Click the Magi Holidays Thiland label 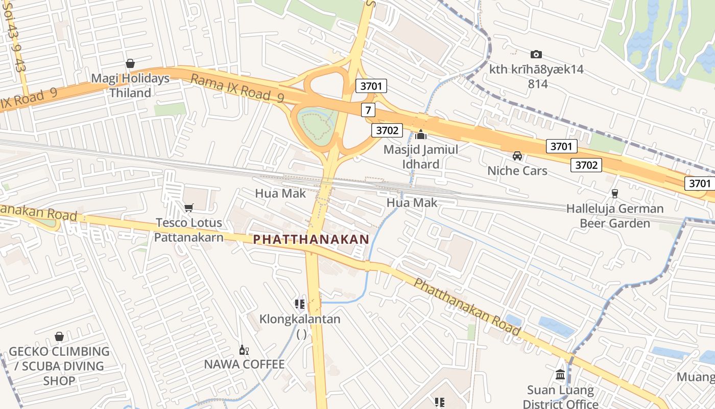[130, 86]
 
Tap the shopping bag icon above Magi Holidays [130, 64]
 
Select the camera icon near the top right [536, 54]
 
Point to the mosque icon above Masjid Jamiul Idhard [421, 135]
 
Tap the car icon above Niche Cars [517, 156]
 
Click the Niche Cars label [517, 171]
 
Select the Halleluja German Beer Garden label [615, 216]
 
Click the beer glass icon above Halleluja [614, 194]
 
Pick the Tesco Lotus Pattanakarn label [189, 230]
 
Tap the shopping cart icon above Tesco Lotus [188, 208]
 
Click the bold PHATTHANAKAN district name [311, 239]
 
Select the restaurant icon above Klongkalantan [300, 304]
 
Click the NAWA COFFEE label [244, 365]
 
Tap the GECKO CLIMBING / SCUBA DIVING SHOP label [59, 366]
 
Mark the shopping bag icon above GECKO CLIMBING [59, 336]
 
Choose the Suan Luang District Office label [560, 397]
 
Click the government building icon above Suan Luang [560, 374]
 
